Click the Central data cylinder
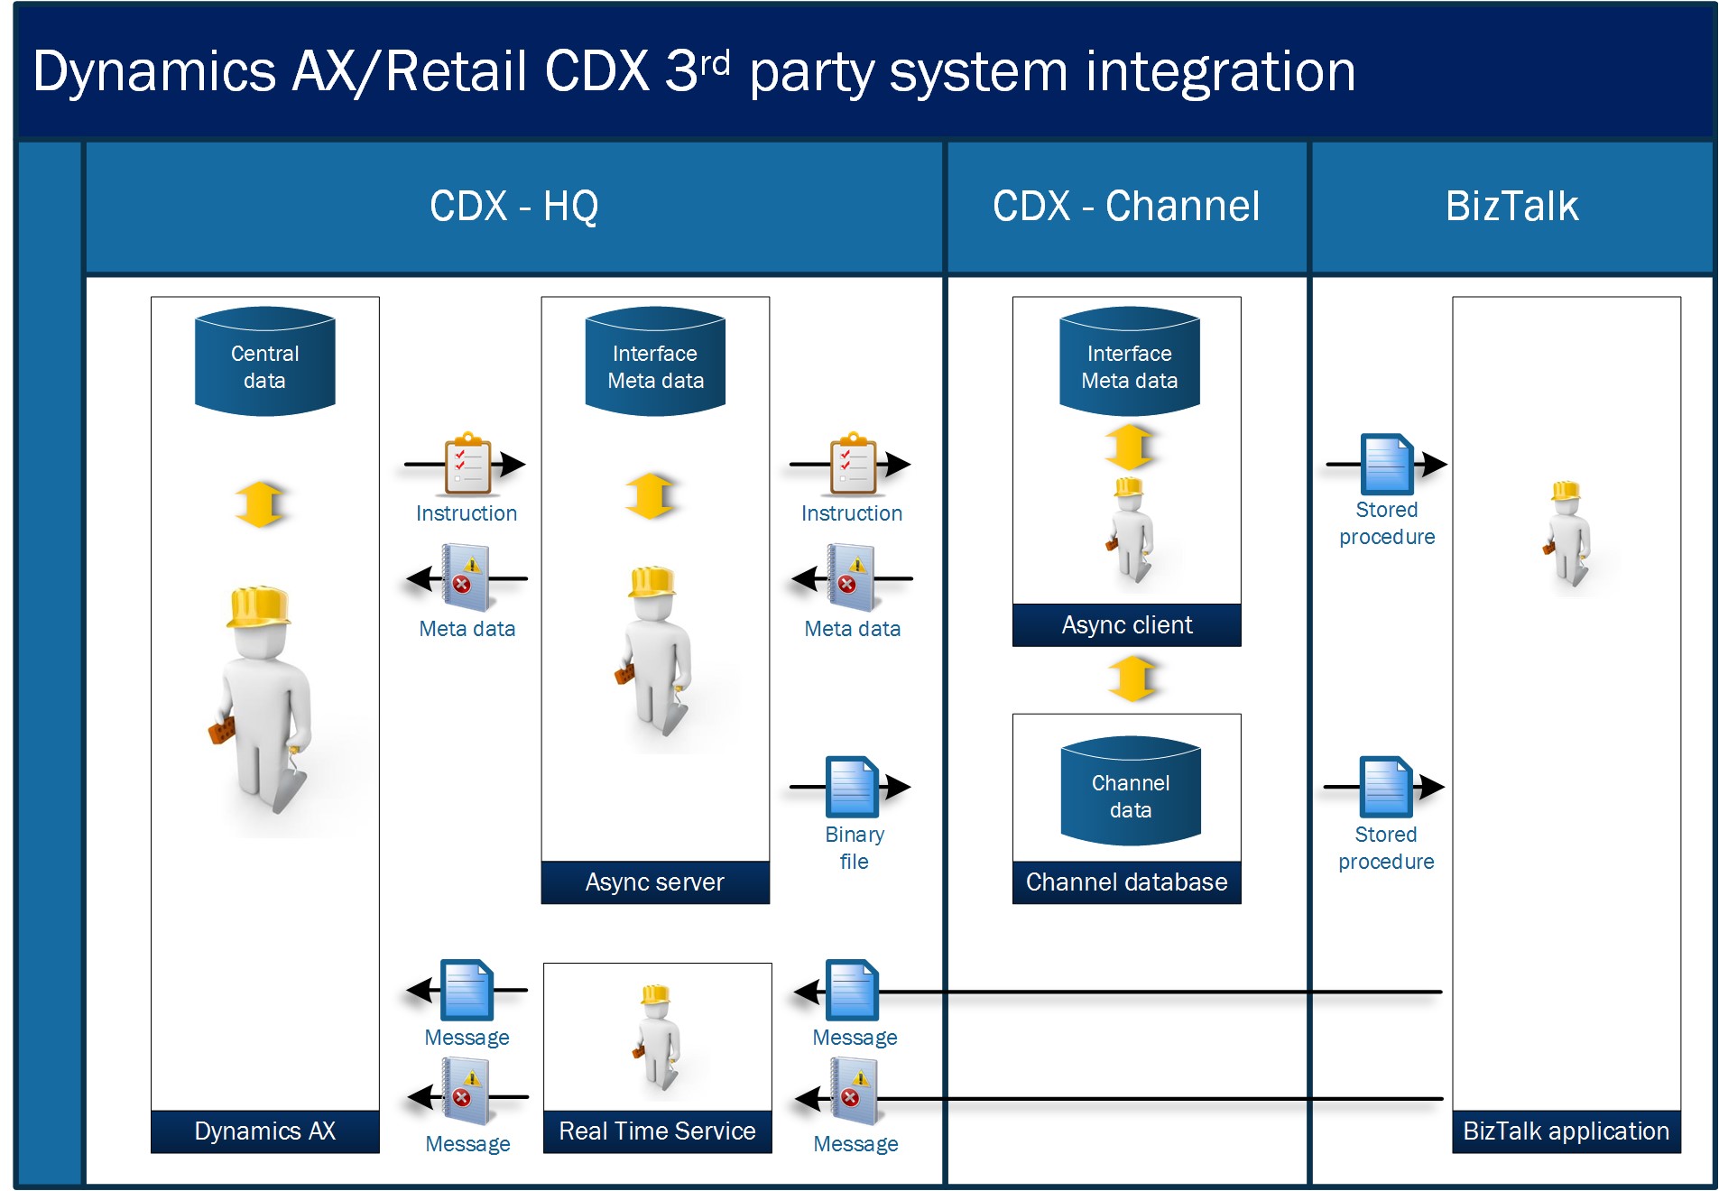point(264,361)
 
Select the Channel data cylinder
point(1130,790)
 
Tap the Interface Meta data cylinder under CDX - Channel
point(1129,361)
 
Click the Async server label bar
point(655,882)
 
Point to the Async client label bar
point(1126,625)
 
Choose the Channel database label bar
point(1126,882)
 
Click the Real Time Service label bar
point(657,1131)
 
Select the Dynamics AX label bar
point(264,1131)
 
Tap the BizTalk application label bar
point(1566,1131)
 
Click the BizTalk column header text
point(1511,207)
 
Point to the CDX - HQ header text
point(513,207)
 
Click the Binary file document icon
point(852,786)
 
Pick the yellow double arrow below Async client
point(1132,679)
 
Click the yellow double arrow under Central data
point(260,503)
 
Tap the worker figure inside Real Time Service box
point(656,1037)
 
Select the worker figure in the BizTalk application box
point(1567,534)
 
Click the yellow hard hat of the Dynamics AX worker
point(258,607)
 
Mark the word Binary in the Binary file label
point(855,835)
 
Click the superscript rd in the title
point(715,62)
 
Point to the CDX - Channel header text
point(1126,207)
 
